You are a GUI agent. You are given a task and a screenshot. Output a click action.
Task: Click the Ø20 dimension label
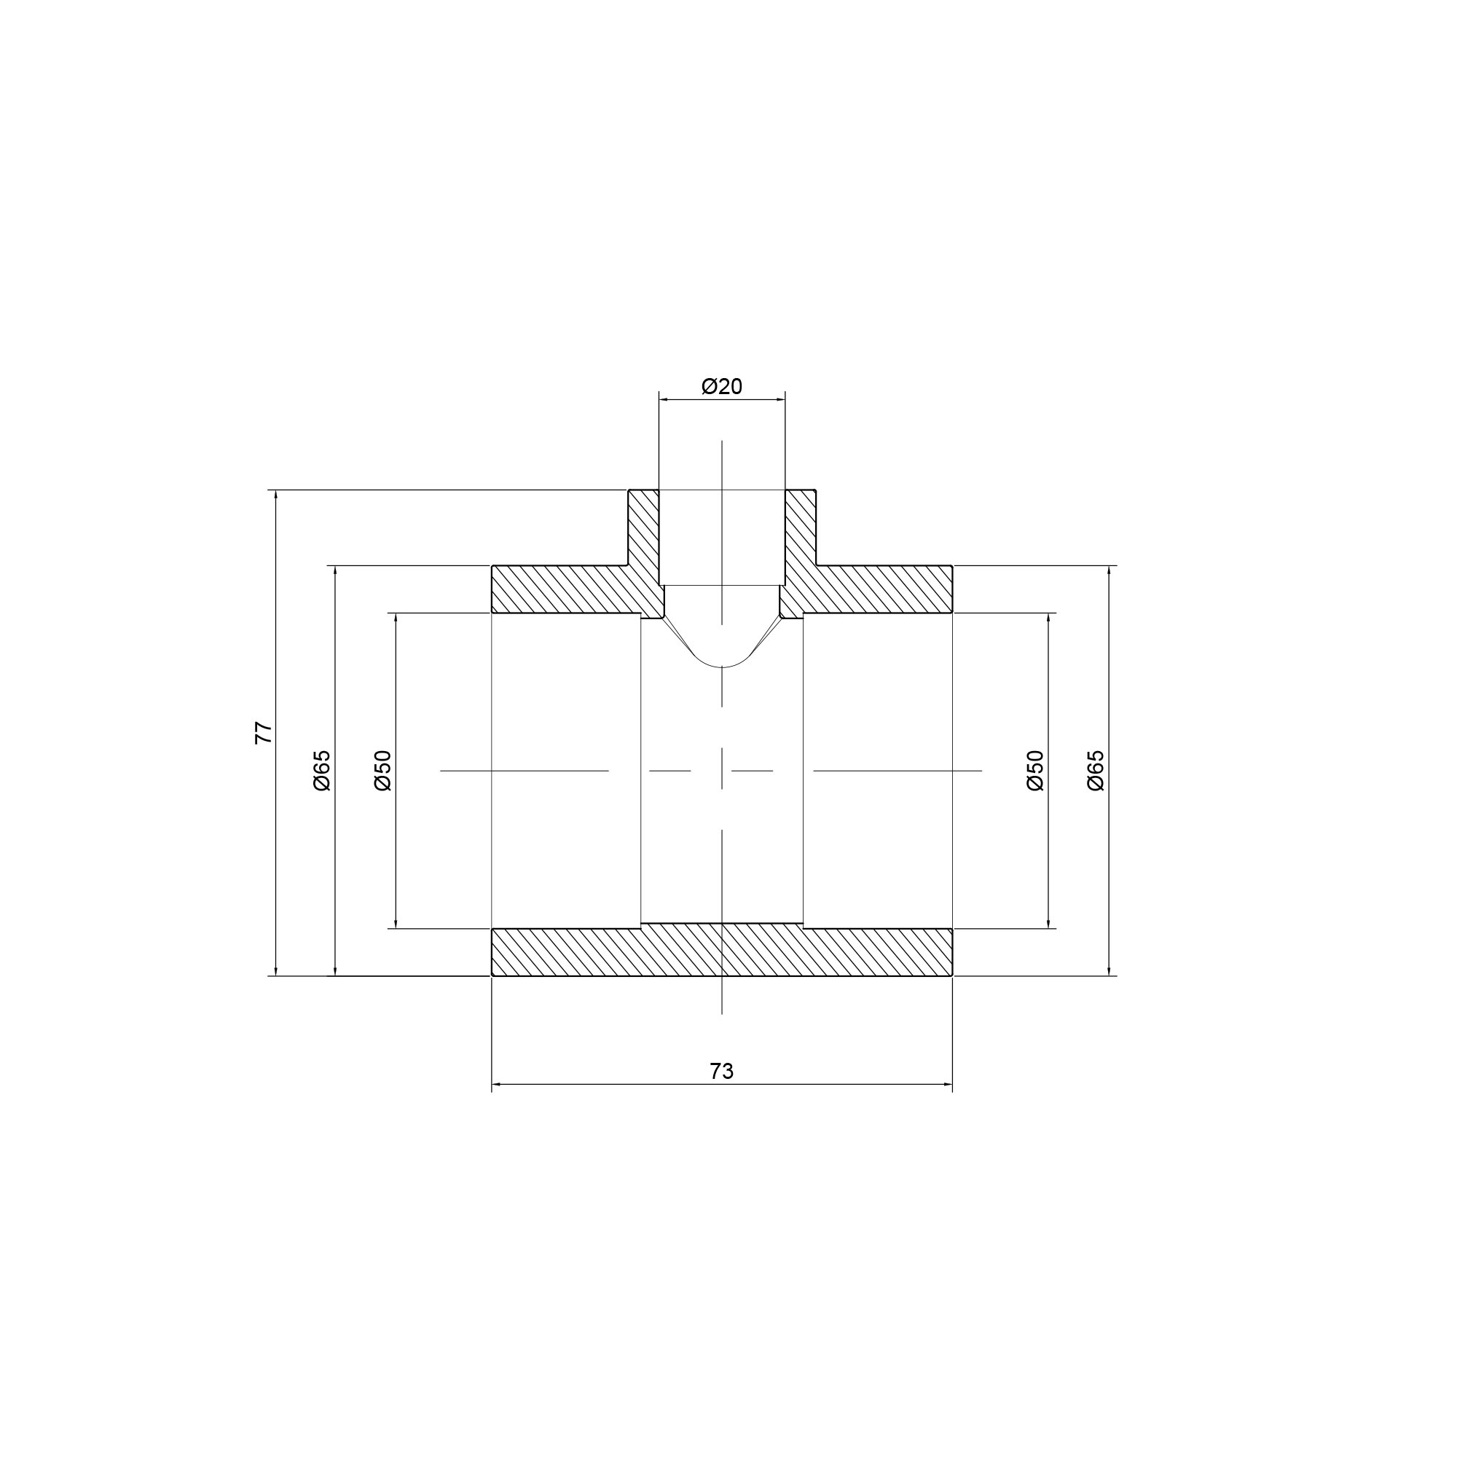click(x=722, y=386)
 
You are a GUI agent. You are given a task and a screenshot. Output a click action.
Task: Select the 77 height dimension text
click(x=263, y=733)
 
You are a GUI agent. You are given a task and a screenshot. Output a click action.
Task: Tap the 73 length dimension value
click(x=722, y=1071)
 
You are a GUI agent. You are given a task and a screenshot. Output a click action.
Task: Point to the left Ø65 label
click(x=322, y=770)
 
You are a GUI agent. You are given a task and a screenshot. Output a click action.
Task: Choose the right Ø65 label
click(x=1096, y=770)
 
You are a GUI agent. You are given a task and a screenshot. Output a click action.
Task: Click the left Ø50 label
click(x=383, y=770)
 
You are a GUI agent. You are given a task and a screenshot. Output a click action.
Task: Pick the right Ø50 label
click(x=1035, y=770)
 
